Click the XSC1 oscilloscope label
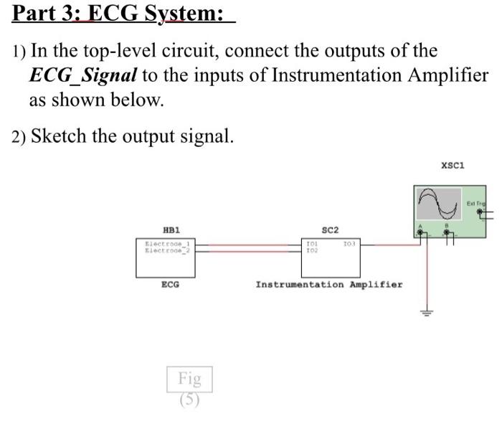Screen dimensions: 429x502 pos(453,165)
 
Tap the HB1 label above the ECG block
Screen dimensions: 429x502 pos(171,230)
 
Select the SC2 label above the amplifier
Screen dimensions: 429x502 pos(330,230)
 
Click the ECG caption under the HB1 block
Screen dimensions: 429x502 pos(170,285)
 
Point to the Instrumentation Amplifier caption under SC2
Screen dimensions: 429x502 pos(329,285)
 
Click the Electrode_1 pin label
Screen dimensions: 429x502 pos(165,244)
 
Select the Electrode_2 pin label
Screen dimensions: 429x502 pos(165,250)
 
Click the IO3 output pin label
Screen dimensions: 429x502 pos(349,245)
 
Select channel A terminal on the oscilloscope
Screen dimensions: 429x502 pos(422,231)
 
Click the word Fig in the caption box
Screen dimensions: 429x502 pos(190,377)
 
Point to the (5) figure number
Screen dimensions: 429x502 pos(190,400)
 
